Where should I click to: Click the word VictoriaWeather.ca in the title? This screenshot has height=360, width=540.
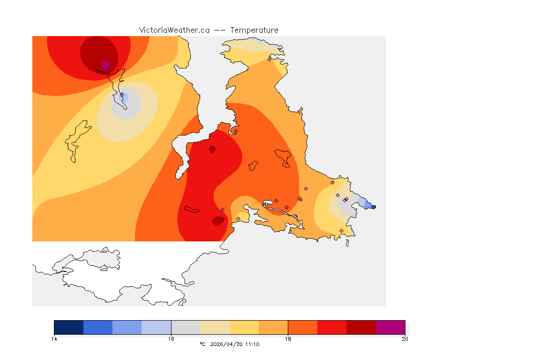coord(174,30)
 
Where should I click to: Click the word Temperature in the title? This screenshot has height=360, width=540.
coord(254,30)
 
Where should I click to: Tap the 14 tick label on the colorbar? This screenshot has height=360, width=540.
coord(54,339)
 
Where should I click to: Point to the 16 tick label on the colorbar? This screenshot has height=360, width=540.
coord(171,339)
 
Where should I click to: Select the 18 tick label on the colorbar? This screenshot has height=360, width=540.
coord(288,339)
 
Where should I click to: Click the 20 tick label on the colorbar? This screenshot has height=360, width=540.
coord(405,339)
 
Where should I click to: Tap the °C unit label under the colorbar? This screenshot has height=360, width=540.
coord(202,345)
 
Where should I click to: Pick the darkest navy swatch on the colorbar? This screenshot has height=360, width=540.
coord(68,327)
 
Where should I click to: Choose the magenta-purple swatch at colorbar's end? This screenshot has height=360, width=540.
coord(390,327)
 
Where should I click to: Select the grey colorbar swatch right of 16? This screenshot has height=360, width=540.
coord(186,327)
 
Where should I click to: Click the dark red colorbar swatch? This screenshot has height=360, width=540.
coord(361,327)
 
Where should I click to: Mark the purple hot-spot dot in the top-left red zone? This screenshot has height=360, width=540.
coord(105,65)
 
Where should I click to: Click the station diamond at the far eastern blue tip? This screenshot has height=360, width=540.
coord(374,207)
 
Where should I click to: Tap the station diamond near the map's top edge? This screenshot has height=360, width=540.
coord(269,60)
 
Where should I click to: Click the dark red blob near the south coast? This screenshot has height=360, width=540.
coord(217,220)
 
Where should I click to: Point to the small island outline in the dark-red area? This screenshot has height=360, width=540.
coord(192,210)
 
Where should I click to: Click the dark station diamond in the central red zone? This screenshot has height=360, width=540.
coord(212,149)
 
